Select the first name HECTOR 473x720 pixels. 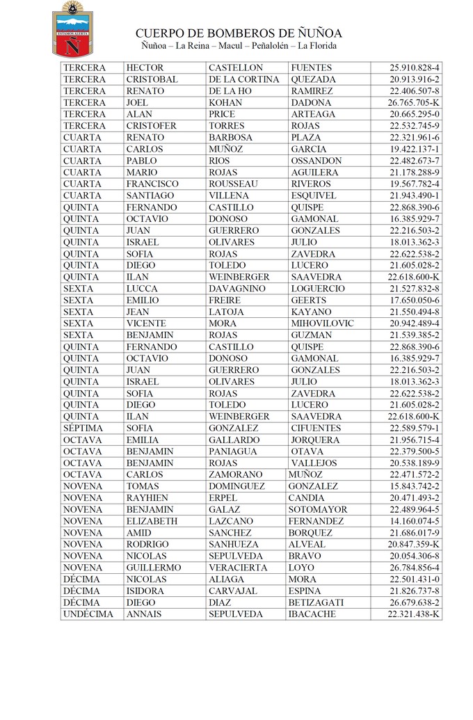[x=145, y=68]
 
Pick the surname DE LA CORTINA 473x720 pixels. [x=243, y=80]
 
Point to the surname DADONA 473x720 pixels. [x=311, y=103]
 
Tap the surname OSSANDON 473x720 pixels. [x=316, y=161]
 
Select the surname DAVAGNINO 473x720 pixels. [x=237, y=289]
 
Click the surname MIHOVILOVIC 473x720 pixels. [x=323, y=323]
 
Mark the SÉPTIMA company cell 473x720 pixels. [x=83, y=429]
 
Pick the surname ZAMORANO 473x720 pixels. [x=237, y=475]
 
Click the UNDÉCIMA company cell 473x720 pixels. [x=88, y=614]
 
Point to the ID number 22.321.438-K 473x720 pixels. [x=415, y=614]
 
